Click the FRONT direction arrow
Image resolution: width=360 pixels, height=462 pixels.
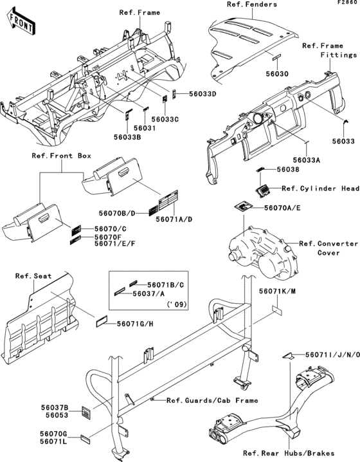click(x=21, y=22)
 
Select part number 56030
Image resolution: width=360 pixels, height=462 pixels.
click(x=277, y=73)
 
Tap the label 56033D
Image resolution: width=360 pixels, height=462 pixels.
click(x=203, y=94)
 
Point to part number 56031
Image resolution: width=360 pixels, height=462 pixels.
click(x=145, y=128)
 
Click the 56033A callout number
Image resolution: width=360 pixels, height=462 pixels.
click(x=307, y=160)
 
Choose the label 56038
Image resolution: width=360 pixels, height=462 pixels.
click(x=287, y=169)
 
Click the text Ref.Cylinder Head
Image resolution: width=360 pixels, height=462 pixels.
click(x=321, y=189)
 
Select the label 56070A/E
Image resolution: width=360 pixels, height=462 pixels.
click(x=282, y=208)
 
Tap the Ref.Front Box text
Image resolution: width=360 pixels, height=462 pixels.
click(x=62, y=156)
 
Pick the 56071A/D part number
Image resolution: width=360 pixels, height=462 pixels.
click(x=174, y=219)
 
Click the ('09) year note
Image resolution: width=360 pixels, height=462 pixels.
click(x=177, y=304)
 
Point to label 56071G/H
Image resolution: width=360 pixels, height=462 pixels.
click(x=135, y=324)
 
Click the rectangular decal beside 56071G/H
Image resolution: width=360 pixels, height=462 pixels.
click(x=102, y=322)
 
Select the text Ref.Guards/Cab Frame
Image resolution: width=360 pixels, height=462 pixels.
click(x=212, y=400)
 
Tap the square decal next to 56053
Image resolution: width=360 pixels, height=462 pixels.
click(x=86, y=412)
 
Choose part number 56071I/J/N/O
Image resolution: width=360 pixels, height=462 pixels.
click(x=332, y=355)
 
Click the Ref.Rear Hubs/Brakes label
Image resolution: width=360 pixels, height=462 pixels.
click(x=289, y=453)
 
